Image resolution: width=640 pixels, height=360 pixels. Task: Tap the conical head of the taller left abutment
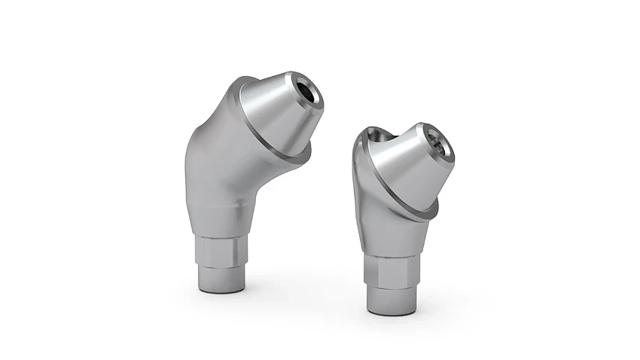pos(275,113)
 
